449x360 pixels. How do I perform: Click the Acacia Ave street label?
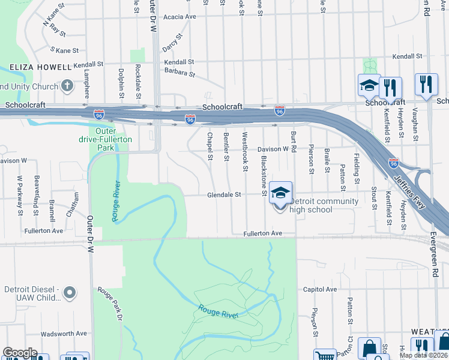179,17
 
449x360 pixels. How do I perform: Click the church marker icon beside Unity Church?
67,85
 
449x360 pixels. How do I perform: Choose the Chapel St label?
210,146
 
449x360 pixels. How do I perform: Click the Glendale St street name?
224,194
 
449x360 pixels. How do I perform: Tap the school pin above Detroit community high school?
280,193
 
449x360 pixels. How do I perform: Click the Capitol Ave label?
321,289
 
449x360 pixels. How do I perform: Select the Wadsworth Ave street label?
64,334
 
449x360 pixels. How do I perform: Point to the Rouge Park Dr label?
112,305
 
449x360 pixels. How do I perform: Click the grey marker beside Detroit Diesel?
70,293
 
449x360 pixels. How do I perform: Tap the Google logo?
20,353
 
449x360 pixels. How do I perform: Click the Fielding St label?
357,169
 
